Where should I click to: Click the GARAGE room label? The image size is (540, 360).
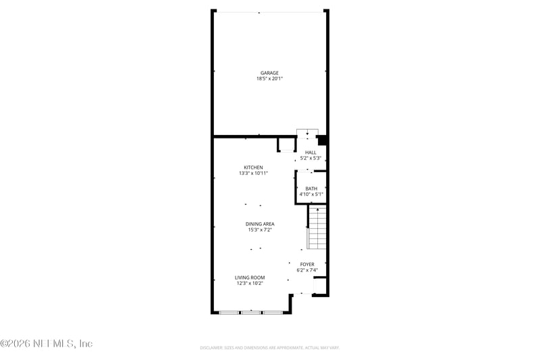coord(269,73)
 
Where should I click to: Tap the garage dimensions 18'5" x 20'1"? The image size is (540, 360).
coord(269,79)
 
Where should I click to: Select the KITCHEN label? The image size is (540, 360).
coord(253,168)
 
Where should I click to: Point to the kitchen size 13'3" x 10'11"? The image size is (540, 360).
coord(253,174)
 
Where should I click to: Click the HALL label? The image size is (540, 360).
coord(310,153)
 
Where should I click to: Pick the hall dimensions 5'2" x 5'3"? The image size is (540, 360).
coord(310,159)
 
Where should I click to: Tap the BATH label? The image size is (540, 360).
coord(311,188)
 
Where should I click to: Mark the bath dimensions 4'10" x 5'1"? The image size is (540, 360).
coord(311,195)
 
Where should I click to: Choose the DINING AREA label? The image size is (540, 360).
coord(260,224)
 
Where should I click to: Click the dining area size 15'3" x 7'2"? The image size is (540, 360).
coord(260,230)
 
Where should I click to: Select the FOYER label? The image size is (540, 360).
coord(307,264)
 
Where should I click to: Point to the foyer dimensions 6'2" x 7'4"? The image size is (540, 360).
coord(307,270)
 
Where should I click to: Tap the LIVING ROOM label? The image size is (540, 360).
coord(250,278)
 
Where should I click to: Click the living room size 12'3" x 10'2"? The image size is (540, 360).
coord(250,284)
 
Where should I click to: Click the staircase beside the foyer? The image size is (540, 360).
coord(317,228)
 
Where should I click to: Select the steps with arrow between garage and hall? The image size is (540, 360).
coord(307,134)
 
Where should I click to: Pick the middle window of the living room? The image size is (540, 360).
coord(252,313)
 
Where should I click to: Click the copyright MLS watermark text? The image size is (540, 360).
coord(46,343)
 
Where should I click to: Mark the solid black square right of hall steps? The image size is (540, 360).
coord(323,140)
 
